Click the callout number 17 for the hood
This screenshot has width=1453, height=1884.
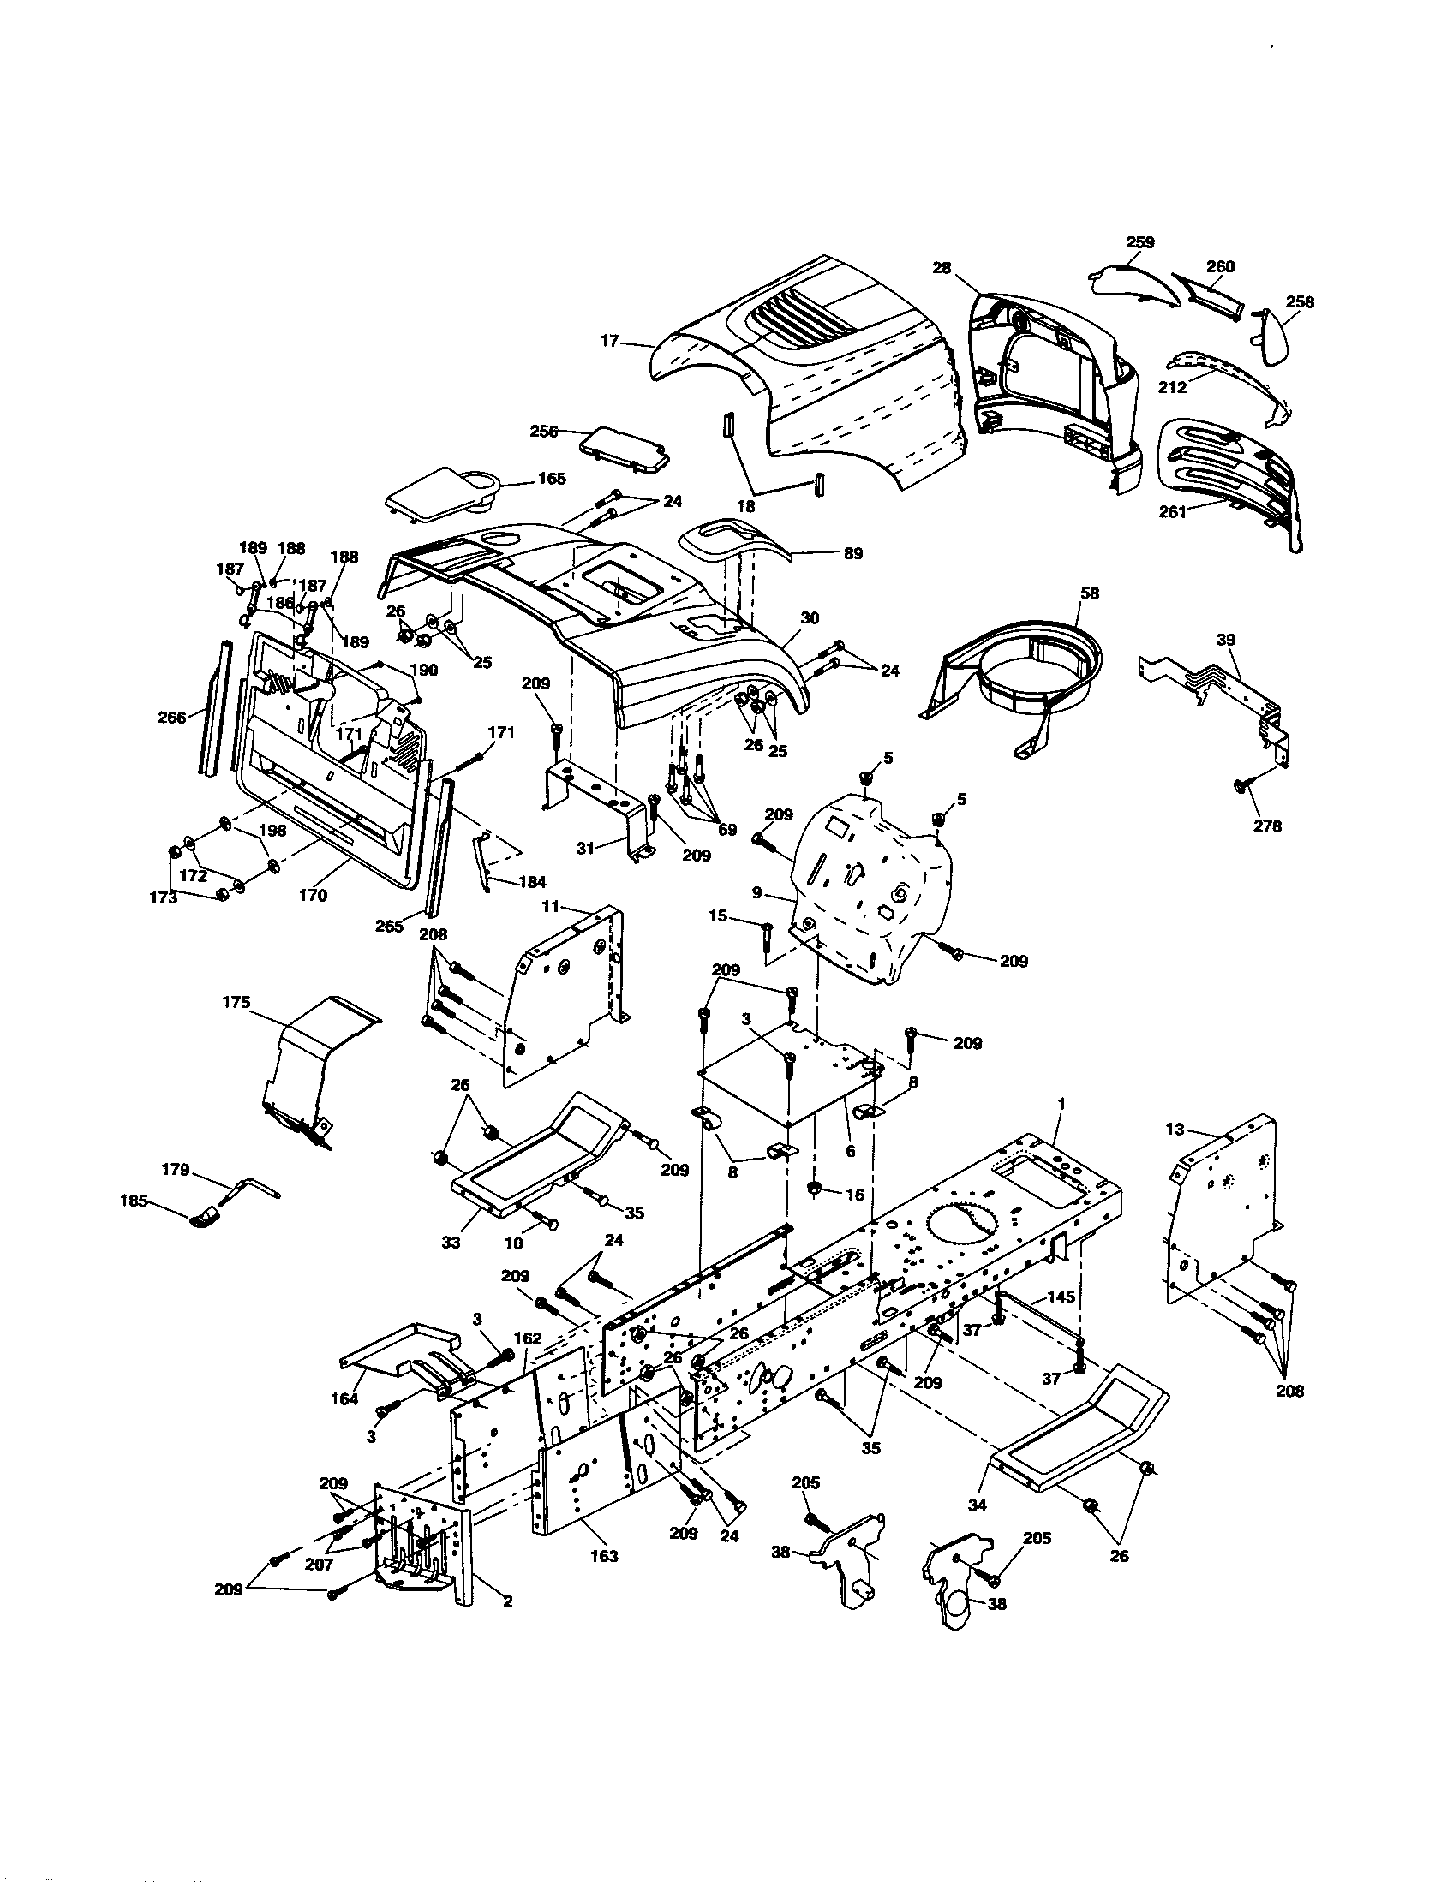(x=609, y=341)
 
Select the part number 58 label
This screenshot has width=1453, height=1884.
(x=1090, y=593)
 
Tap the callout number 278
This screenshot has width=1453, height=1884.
(x=1267, y=826)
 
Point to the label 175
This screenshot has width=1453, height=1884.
(x=236, y=1002)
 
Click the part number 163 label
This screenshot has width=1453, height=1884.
(x=604, y=1555)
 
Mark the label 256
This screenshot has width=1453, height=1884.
(x=543, y=432)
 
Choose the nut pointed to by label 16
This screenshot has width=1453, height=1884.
(x=814, y=1191)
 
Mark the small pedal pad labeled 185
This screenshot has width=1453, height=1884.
(x=206, y=1217)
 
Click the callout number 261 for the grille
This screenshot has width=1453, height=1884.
(x=1173, y=511)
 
